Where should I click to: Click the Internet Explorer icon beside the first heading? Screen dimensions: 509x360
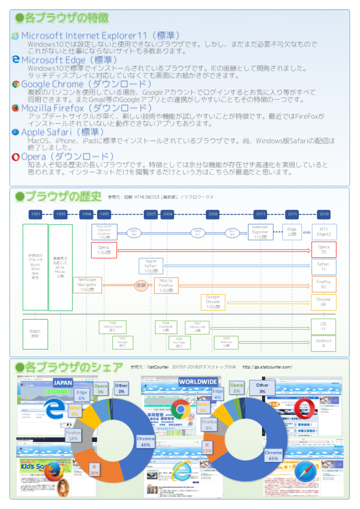15,36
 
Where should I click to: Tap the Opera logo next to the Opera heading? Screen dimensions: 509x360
15,157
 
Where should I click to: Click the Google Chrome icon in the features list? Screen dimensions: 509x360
16,85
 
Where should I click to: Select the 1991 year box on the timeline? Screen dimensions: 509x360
35,214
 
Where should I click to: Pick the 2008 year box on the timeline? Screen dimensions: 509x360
213,214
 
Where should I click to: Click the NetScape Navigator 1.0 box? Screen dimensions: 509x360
87,285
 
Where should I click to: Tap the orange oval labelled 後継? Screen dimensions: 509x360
141,285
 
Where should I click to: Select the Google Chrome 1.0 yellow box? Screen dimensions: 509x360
212,302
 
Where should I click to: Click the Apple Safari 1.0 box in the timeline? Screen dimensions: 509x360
151,266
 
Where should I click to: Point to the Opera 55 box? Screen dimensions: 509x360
324,250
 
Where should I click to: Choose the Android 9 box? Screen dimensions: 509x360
324,342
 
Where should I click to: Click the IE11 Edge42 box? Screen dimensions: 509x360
324,232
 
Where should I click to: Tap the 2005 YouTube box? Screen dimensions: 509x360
179,342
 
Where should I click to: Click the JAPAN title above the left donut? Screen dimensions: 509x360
63,383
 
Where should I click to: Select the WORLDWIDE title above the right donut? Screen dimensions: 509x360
198,382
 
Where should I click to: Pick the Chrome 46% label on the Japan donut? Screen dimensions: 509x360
146,442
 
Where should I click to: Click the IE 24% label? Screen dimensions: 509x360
94,470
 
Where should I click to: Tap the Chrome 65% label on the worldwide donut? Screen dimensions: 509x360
273,455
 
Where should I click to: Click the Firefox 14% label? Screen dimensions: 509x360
73,435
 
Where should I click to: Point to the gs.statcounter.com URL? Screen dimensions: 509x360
267,367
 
